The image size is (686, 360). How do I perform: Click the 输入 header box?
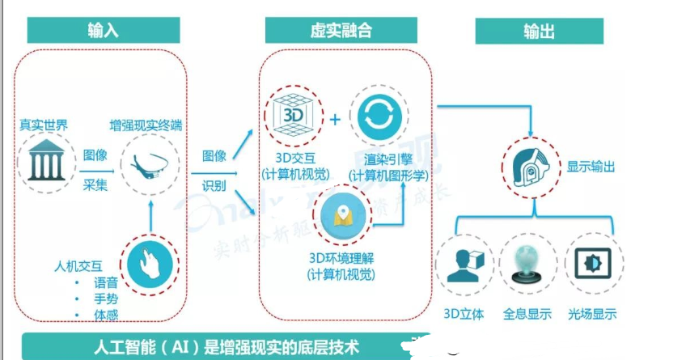click(103, 31)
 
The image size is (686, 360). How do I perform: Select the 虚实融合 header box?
click(341, 31)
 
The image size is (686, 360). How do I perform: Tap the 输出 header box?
click(539, 31)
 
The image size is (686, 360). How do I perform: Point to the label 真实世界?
click(44, 126)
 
